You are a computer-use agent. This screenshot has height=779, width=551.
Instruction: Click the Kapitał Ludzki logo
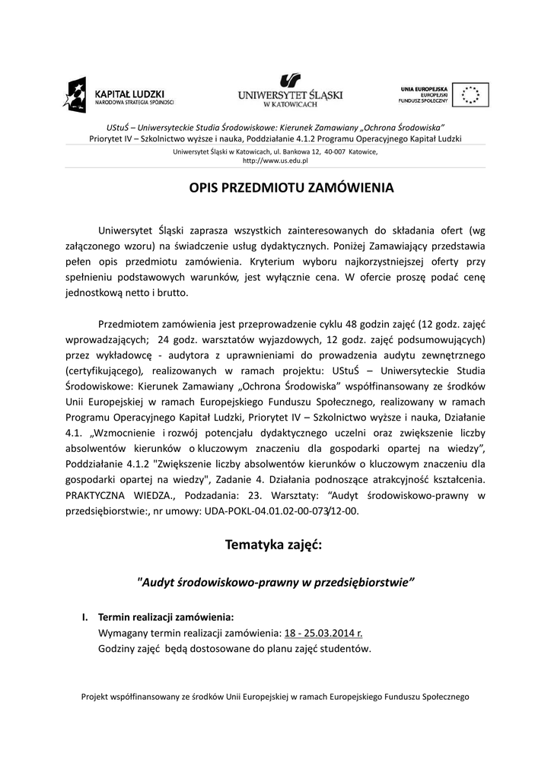[x=119, y=95]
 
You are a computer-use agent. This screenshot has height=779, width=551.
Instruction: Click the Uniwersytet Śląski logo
[x=290, y=91]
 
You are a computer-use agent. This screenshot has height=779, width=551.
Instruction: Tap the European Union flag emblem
[x=470, y=95]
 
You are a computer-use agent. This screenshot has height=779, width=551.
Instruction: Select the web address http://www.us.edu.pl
[x=275, y=161]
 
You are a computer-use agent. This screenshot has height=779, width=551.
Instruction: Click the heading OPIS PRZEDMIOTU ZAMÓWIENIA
[x=291, y=187]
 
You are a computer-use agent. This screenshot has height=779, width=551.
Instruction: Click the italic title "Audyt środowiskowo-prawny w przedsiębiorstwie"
[x=275, y=582]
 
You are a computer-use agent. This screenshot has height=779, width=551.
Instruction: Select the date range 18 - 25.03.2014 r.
[x=323, y=632]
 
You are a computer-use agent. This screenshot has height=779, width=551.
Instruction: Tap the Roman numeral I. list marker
[x=86, y=616]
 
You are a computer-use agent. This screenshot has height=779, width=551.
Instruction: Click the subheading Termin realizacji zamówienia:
[x=166, y=616]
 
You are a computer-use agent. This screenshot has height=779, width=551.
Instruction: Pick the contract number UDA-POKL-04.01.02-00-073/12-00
[x=279, y=512]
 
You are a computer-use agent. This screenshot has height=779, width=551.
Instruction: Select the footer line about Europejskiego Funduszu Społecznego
[x=275, y=696]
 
